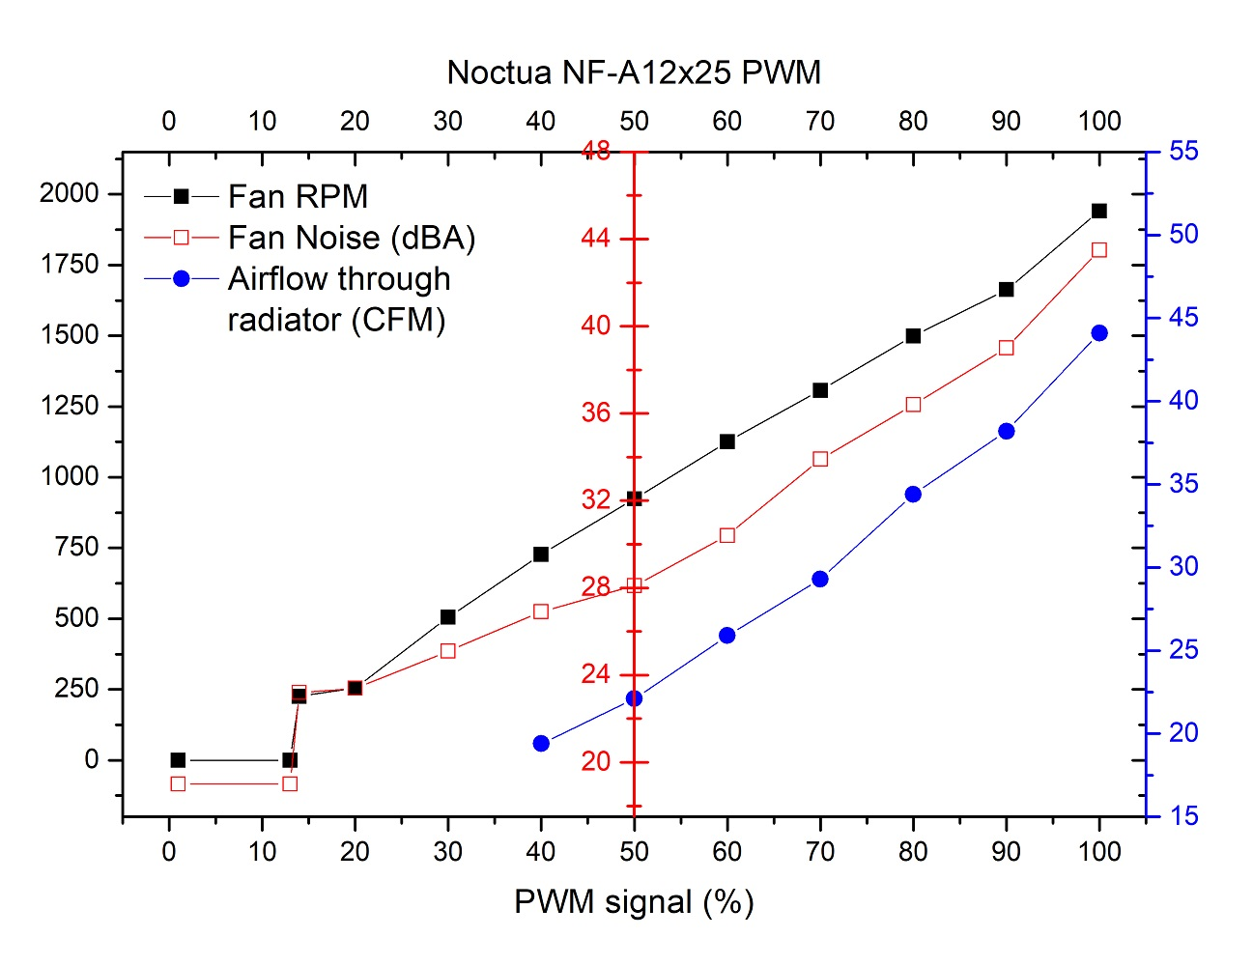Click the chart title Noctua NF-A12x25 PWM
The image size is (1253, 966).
tap(634, 72)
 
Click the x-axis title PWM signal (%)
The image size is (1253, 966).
tap(634, 902)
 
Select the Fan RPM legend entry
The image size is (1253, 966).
tap(298, 197)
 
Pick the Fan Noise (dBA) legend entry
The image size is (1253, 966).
tap(352, 238)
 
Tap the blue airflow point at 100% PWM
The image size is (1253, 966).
tap(1099, 333)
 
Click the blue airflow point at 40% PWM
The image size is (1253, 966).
tap(541, 744)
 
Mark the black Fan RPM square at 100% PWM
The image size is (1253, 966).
tap(1099, 211)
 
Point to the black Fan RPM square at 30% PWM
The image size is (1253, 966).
tap(448, 616)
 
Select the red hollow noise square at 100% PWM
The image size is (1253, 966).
tap(1099, 250)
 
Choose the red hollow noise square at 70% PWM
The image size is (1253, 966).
tap(820, 459)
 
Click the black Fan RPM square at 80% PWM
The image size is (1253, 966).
tap(913, 336)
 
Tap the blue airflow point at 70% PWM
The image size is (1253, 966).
tap(820, 580)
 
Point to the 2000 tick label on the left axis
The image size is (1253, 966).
tap(69, 193)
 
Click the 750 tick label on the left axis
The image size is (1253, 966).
tap(76, 547)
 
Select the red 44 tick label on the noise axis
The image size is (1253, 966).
tap(595, 238)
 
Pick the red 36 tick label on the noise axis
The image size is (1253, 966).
tap(595, 412)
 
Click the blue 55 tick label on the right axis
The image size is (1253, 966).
tap(1183, 151)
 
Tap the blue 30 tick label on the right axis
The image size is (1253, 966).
tap(1183, 566)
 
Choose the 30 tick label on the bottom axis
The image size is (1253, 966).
tap(448, 851)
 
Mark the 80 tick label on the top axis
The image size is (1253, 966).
tap(913, 121)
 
